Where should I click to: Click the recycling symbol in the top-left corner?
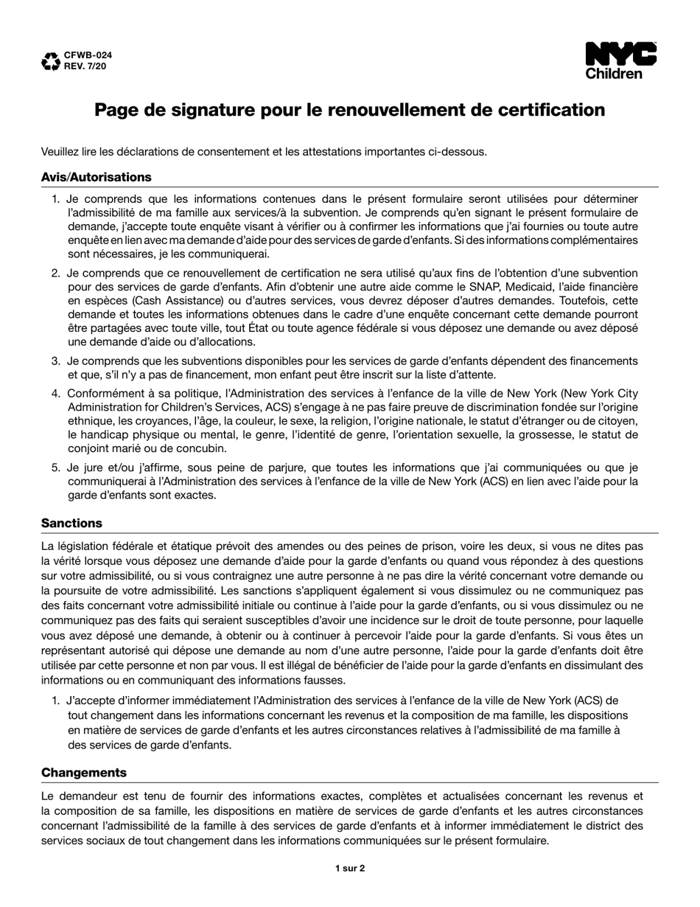(x=50, y=61)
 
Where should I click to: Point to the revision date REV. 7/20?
(x=85, y=66)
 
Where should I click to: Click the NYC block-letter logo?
(x=620, y=55)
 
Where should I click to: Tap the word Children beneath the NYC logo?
(x=614, y=74)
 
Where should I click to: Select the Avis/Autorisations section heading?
(x=97, y=177)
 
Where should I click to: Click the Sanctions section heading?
(x=71, y=523)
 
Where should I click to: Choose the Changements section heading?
(x=84, y=772)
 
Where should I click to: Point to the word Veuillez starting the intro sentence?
(x=63, y=152)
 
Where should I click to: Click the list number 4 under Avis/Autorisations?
(x=56, y=393)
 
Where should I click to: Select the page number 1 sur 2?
(x=350, y=868)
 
